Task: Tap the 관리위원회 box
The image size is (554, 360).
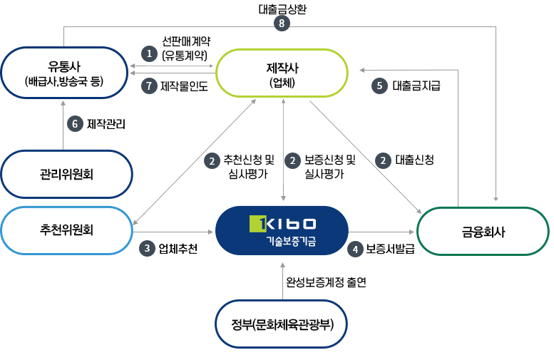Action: point(67,173)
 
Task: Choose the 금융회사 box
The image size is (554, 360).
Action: point(483,231)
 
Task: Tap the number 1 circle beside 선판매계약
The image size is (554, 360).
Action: point(149,53)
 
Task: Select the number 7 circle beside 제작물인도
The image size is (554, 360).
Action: point(149,86)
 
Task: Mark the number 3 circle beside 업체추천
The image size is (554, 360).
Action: point(148,249)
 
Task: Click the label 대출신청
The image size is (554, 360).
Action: point(414,160)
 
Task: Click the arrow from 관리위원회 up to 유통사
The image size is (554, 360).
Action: point(63,125)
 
